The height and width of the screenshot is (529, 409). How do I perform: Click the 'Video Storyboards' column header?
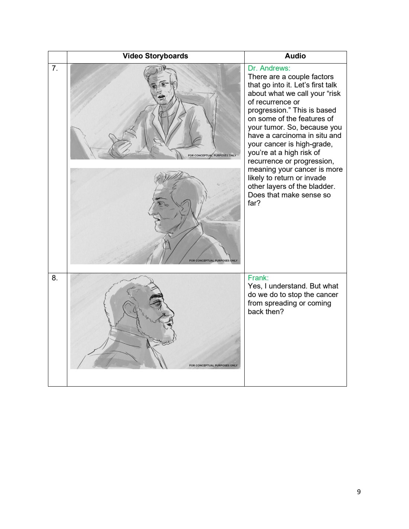[x=155, y=56]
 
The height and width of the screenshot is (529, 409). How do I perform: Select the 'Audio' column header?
[x=295, y=56]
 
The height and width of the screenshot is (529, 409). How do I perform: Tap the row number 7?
[x=55, y=68]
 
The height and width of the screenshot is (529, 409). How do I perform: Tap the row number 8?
[x=55, y=278]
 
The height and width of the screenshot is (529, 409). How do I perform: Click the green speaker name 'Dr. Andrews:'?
[x=269, y=68]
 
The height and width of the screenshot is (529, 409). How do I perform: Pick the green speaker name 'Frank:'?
[x=258, y=278]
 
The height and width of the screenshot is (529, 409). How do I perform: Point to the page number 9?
[x=358, y=492]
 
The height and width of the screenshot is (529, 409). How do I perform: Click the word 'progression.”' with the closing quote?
[x=269, y=110]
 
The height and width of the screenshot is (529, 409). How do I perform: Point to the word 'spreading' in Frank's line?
[x=281, y=303]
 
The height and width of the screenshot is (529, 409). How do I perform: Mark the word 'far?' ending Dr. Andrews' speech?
[x=254, y=203]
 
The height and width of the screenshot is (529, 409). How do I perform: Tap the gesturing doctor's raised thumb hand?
[x=120, y=146]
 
